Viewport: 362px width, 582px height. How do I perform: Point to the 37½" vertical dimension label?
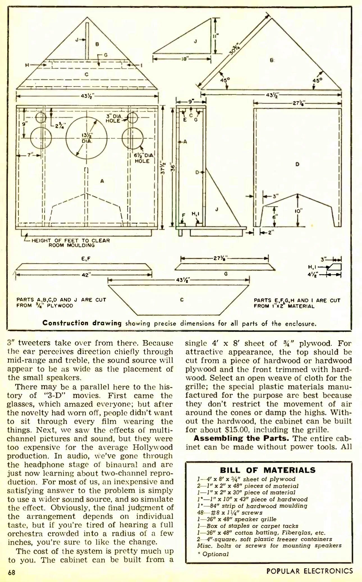(x=163, y=167)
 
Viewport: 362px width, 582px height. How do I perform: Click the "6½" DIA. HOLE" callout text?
(x=144, y=158)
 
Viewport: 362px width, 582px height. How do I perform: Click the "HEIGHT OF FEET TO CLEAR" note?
(x=70, y=240)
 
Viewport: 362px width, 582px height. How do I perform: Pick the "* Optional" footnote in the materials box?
(x=213, y=554)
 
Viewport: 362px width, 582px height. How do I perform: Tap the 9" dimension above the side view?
(x=191, y=101)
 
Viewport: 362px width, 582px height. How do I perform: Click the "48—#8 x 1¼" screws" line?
(x=230, y=513)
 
